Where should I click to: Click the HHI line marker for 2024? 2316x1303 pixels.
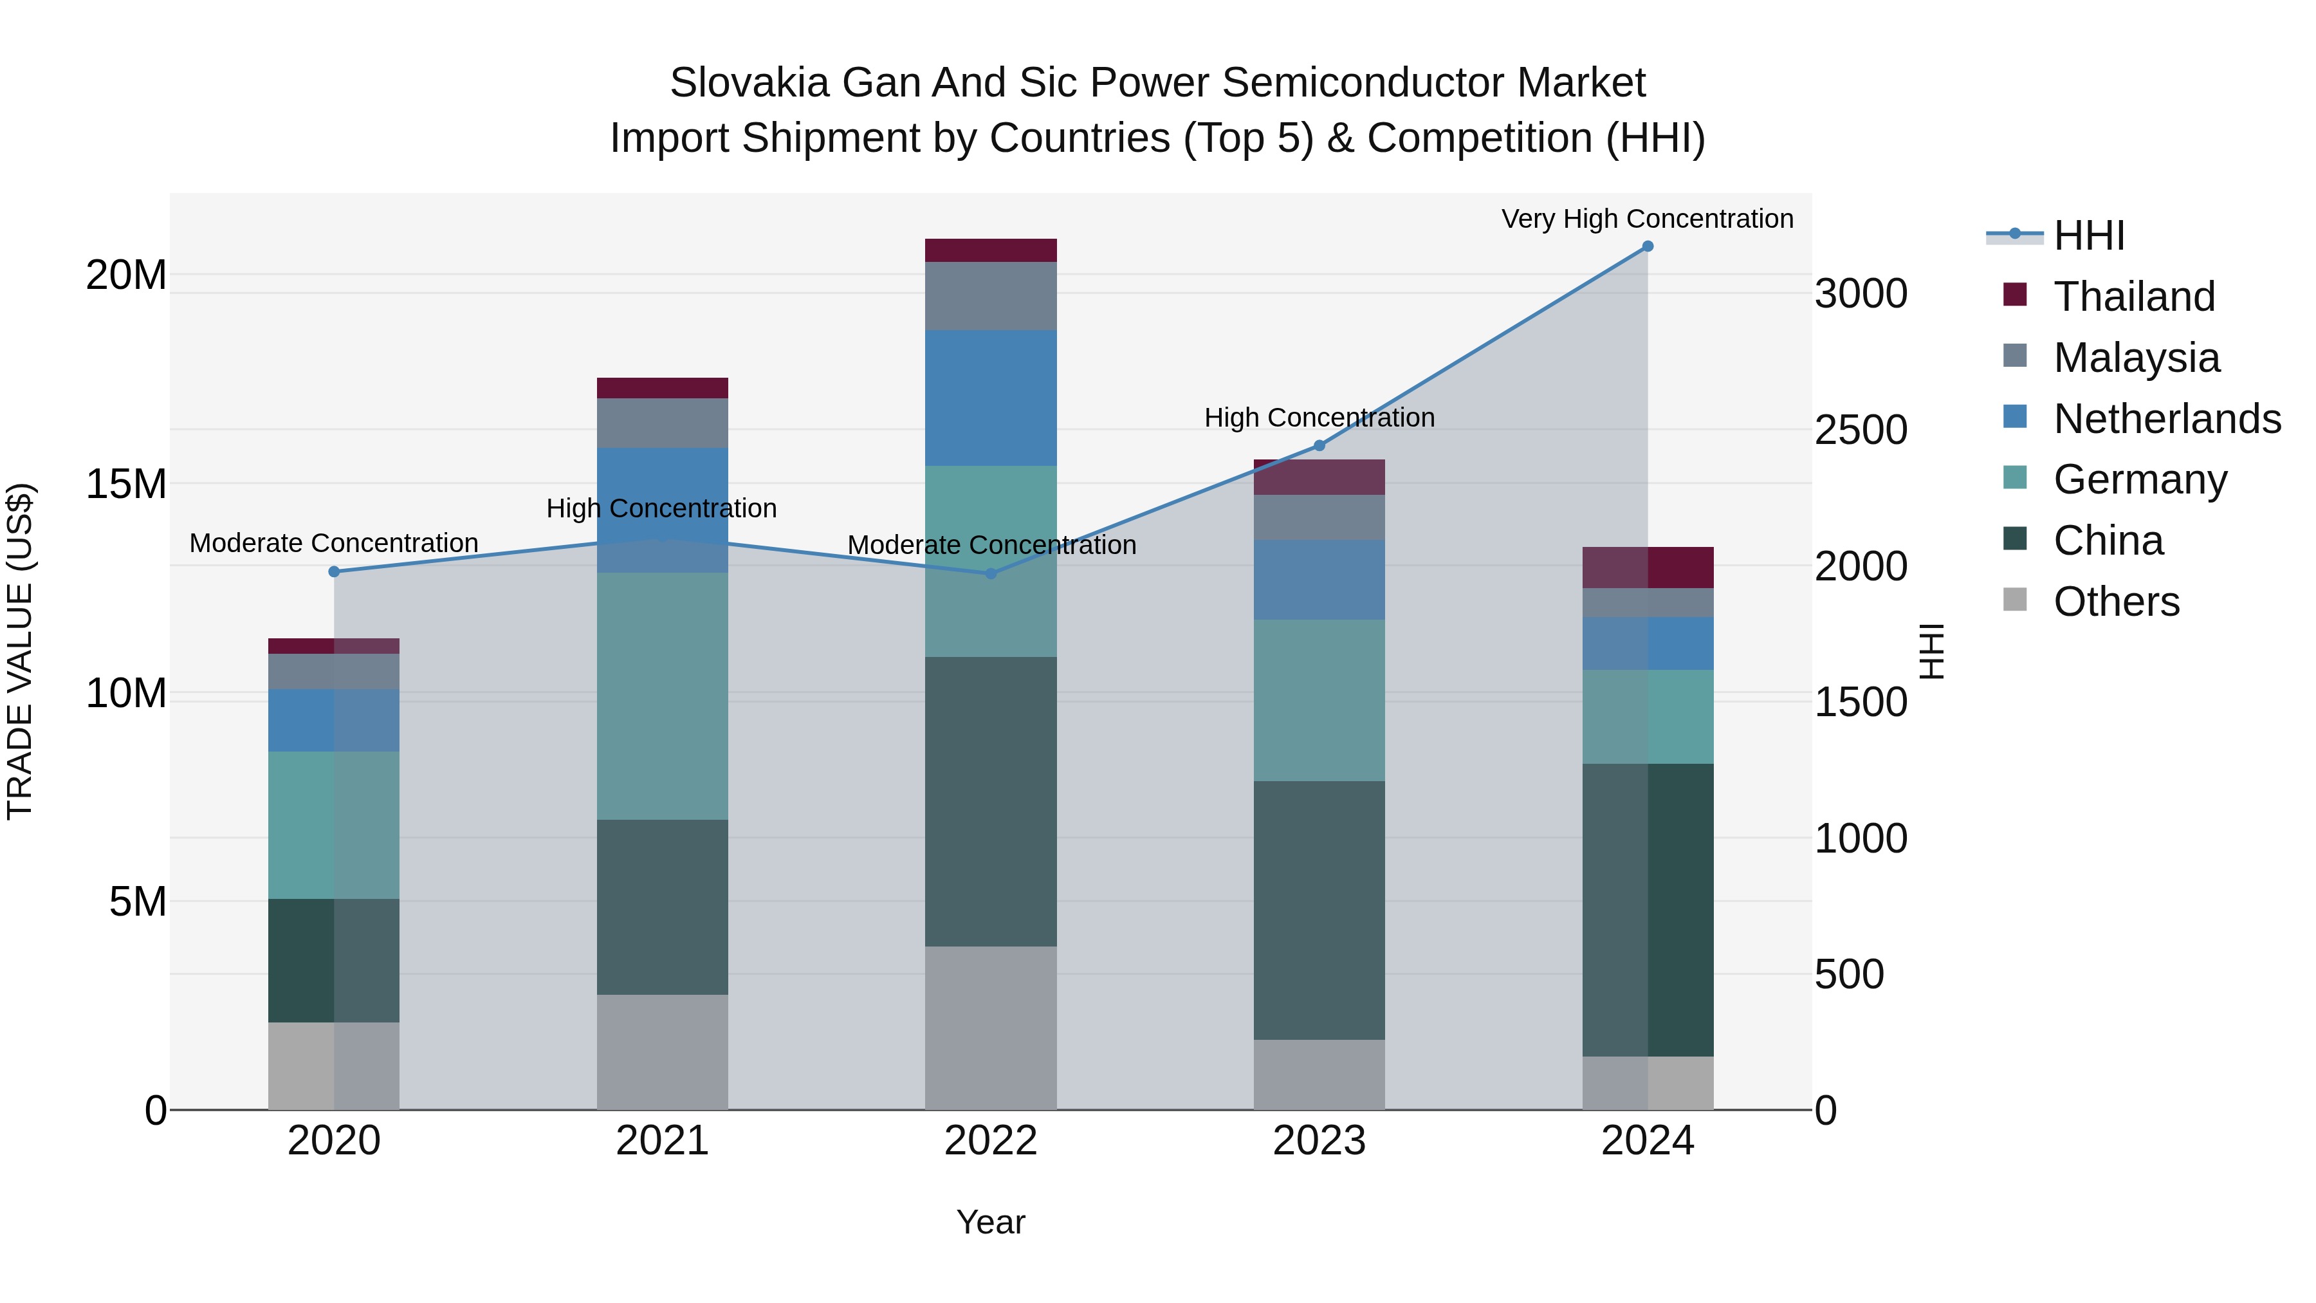click(1647, 246)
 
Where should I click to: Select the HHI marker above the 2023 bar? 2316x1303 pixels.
click(1319, 446)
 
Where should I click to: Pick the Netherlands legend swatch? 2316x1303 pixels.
click(2016, 417)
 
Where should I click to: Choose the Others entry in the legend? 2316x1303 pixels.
click(2117, 602)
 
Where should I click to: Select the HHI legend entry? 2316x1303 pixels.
click(2088, 236)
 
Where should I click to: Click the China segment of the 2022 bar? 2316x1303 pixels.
click(991, 800)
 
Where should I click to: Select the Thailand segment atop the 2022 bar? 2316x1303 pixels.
click(991, 250)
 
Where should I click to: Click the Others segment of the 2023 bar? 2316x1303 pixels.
click(1319, 1074)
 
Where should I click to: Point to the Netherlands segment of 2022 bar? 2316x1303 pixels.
click(991, 398)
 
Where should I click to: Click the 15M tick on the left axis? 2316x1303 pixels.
click(126, 485)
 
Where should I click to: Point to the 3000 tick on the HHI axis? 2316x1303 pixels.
click(1860, 294)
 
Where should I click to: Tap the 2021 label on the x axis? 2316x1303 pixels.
click(663, 1141)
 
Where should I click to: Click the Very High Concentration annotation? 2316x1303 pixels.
click(1647, 219)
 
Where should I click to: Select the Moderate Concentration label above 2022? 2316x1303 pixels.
click(991, 545)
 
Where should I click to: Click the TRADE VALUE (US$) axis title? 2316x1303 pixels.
click(21, 651)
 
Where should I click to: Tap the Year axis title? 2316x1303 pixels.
click(991, 1222)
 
